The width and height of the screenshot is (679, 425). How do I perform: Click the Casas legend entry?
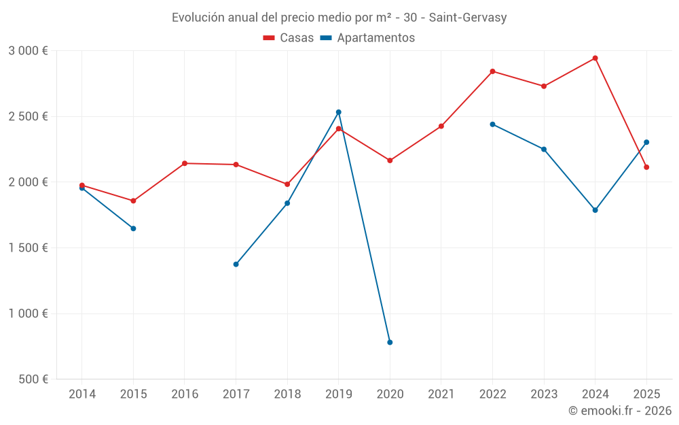(x=289, y=38)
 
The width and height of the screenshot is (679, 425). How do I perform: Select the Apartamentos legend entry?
(x=367, y=38)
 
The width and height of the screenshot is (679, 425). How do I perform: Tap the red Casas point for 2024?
(x=595, y=58)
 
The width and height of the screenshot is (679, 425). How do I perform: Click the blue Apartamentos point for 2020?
(x=390, y=342)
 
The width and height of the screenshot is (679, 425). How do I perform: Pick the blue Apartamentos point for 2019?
(x=338, y=112)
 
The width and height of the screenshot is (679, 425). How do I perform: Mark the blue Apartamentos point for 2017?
(x=236, y=264)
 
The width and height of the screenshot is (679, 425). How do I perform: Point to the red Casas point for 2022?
(x=492, y=71)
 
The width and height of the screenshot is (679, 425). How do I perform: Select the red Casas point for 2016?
(x=185, y=163)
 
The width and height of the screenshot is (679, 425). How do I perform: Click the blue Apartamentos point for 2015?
(x=133, y=228)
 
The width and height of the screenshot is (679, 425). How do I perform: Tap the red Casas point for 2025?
(x=646, y=167)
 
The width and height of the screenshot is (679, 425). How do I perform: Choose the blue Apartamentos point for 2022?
(x=492, y=124)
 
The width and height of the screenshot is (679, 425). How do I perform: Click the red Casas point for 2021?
(x=441, y=126)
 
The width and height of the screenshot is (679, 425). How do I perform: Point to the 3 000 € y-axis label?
(x=28, y=50)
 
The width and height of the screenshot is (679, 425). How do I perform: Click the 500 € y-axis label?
(x=33, y=379)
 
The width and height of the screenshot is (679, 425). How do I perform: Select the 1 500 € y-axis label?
(x=28, y=248)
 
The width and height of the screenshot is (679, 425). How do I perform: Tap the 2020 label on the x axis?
(x=390, y=394)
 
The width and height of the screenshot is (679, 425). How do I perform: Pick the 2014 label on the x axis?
(x=82, y=394)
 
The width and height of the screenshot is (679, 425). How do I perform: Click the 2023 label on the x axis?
(x=544, y=394)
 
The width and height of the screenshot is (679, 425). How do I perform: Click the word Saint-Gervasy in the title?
(x=468, y=17)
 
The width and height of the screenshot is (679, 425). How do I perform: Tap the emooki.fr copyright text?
(x=619, y=411)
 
